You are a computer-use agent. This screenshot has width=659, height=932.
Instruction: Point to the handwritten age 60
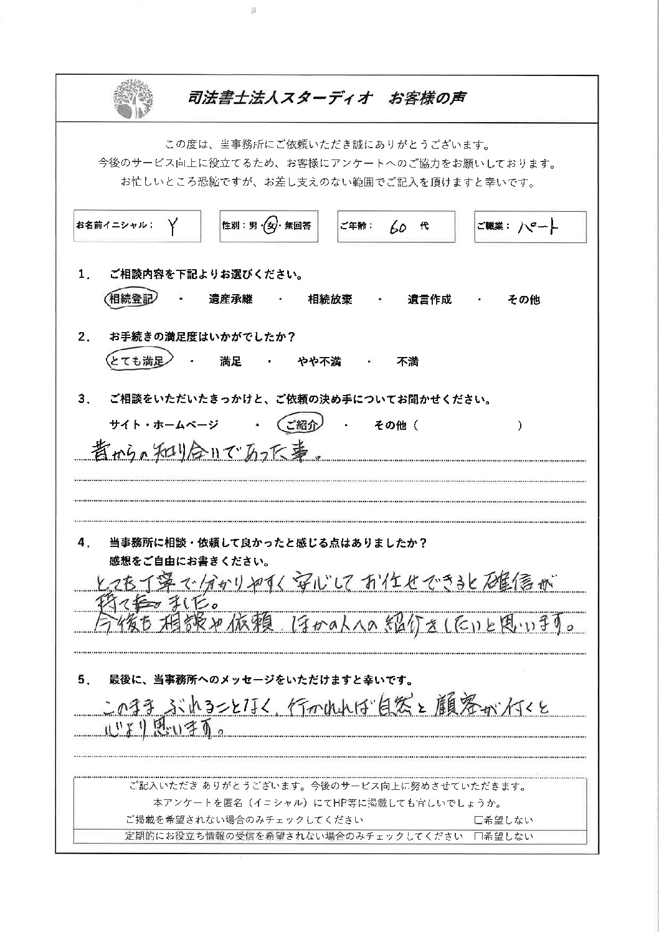tap(398, 227)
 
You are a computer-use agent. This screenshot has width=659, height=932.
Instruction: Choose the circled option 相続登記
tap(131, 299)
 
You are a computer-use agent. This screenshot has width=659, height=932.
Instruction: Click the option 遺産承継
tap(230, 300)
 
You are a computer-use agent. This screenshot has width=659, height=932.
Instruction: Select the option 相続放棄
tap(330, 300)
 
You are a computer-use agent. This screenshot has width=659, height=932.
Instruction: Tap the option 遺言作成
tap(429, 300)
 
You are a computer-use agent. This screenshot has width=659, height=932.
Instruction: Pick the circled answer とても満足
tap(136, 361)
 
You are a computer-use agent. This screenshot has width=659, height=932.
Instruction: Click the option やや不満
tap(319, 362)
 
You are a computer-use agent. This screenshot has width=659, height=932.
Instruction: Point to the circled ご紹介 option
tap(300, 425)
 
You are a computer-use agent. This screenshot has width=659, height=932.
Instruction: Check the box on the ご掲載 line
tap(478, 820)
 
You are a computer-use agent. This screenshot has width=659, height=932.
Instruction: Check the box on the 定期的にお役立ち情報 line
tap(478, 837)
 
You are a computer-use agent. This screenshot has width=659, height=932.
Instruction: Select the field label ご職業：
tap(493, 226)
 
